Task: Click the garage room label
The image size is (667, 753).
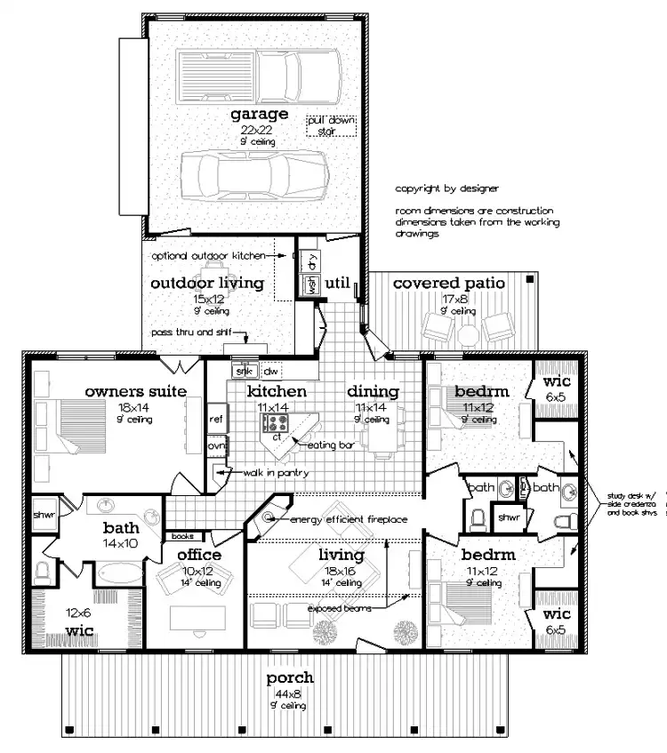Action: [x=259, y=114]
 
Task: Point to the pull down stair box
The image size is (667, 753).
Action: [x=330, y=125]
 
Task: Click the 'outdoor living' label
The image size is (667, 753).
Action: [x=206, y=283]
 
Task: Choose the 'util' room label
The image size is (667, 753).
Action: [x=338, y=283]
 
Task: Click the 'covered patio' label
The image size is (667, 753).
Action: [x=448, y=283]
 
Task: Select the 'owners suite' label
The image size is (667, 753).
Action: [x=135, y=391]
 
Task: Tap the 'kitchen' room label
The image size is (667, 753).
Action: [x=277, y=391]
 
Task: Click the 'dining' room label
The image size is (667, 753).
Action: [x=373, y=391]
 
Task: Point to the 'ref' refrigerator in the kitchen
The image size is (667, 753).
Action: [x=216, y=417]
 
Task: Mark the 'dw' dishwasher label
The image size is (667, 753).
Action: [x=271, y=371]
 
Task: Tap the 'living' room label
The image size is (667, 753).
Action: [x=342, y=555]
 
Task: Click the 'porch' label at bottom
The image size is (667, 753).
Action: [x=290, y=678]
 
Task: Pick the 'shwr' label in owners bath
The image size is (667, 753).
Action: [x=44, y=515]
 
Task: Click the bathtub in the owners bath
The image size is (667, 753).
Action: [x=119, y=570]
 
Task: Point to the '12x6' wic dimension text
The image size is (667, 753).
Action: [x=79, y=613]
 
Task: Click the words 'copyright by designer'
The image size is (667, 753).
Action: [x=447, y=188]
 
